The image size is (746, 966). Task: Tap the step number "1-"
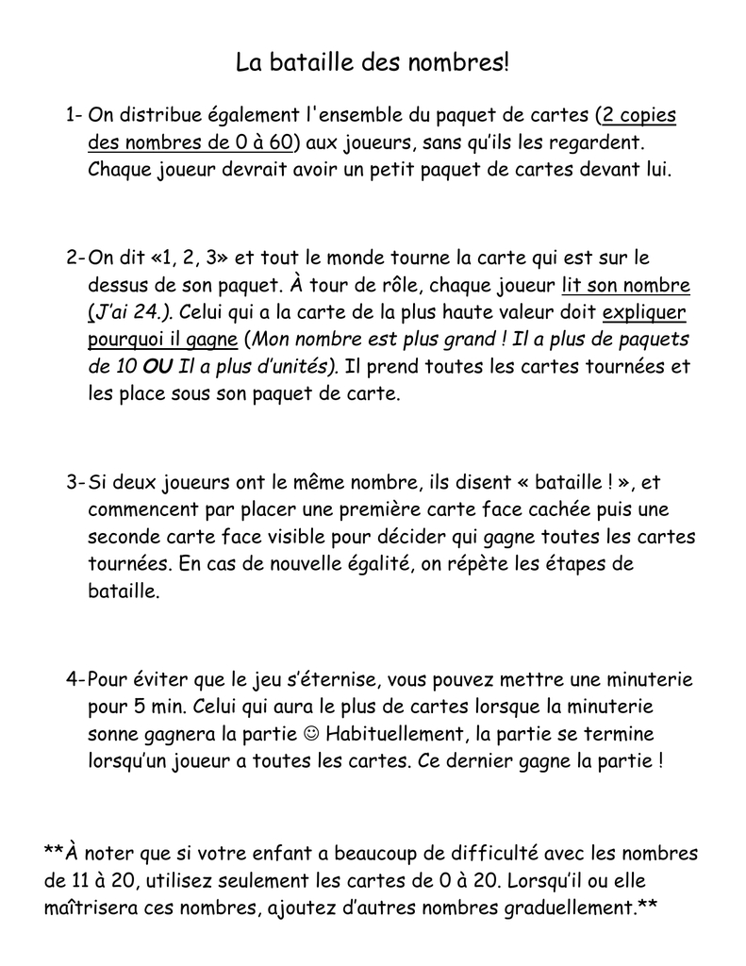[75, 116]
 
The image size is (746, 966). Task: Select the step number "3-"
[75, 483]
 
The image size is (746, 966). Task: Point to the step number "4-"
[75, 679]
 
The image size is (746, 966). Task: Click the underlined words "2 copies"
[638, 116]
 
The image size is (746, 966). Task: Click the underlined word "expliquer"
[644, 312]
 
